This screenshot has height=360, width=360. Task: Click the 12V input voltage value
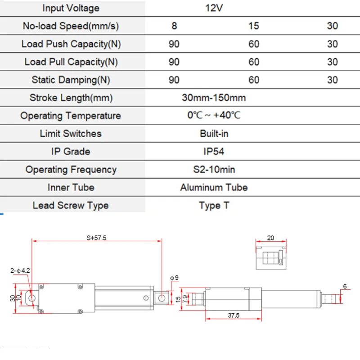214,8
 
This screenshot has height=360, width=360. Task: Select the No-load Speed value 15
254,26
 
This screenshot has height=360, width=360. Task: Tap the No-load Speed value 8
174,26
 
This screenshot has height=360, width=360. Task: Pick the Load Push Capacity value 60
254,44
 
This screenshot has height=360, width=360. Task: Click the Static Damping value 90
174,80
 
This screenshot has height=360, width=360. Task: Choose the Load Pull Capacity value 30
333,62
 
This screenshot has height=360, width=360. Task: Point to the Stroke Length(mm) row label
71,98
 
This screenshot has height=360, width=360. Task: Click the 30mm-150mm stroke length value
214,98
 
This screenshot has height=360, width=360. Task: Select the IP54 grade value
214,152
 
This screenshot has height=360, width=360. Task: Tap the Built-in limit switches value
214,134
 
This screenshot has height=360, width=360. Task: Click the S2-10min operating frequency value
214,170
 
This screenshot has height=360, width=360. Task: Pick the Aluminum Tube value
214,187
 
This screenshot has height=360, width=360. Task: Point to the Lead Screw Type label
71,206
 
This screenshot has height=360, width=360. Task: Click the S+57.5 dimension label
96,238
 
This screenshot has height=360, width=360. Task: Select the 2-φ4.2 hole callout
20,271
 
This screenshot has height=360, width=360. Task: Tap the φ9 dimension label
174,278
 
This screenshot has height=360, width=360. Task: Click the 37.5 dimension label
234,315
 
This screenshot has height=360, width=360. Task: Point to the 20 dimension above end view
271,238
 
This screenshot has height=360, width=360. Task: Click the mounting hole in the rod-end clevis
162,298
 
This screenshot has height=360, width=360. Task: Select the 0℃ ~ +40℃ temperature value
214,115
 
